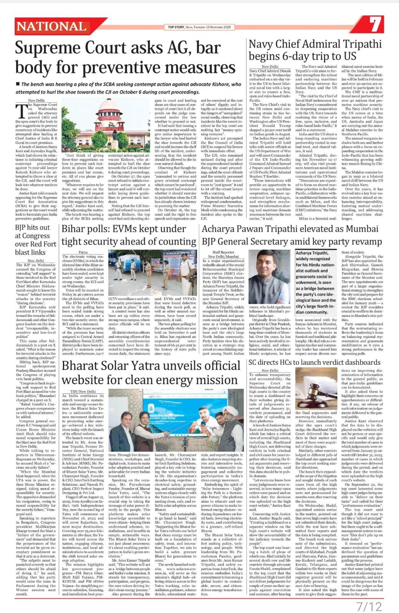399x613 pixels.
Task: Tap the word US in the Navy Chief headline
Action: [x=349, y=56]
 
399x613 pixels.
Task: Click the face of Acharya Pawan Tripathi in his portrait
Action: [x=274, y=267]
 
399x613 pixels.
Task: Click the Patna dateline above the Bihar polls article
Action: [x=83, y=252]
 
